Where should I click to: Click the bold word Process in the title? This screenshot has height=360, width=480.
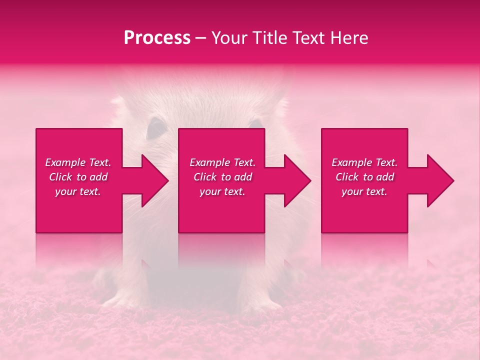tap(157, 38)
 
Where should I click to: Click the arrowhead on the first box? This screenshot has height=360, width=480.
tap(153, 180)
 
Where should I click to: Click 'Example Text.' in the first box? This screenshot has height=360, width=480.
tap(78, 162)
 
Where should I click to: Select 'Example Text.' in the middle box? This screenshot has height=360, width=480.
tap(222, 162)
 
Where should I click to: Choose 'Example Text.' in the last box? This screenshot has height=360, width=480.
tap(364, 162)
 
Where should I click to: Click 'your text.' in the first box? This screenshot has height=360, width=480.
tap(78, 191)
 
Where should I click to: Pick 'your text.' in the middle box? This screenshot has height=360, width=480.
tap(222, 191)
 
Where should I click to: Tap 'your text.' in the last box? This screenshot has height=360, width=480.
tap(364, 191)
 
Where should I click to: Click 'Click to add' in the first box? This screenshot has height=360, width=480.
tap(78, 177)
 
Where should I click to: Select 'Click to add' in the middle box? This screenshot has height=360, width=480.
tap(222, 177)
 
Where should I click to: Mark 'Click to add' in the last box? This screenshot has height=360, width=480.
tap(364, 177)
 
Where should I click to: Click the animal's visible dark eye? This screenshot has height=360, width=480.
tap(156, 128)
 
